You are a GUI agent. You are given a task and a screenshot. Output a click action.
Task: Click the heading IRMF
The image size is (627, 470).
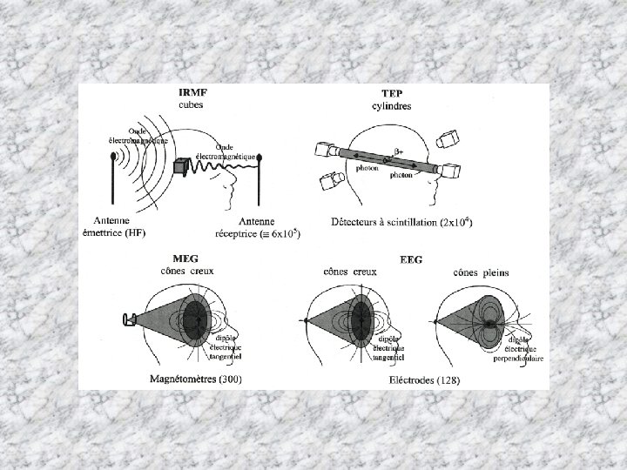[x=192, y=93]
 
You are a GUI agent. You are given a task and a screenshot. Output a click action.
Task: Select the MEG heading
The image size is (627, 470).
[x=185, y=258]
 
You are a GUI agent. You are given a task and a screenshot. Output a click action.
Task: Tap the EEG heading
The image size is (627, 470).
[x=410, y=258]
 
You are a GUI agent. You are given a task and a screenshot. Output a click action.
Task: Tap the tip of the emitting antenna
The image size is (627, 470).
[x=114, y=158]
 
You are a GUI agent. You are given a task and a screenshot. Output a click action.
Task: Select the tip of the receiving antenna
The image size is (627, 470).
[x=259, y=158]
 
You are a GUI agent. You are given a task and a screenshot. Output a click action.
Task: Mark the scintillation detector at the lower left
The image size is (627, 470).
[x=329, y=182]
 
